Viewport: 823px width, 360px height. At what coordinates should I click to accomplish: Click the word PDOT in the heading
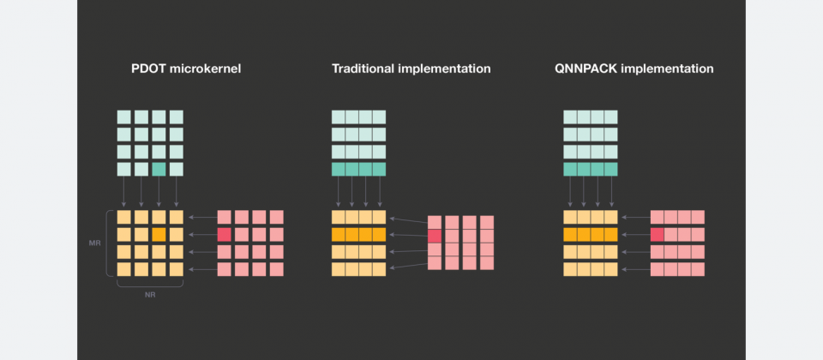[x=147, y=69]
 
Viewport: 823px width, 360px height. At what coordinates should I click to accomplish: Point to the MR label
[x=95, y=243]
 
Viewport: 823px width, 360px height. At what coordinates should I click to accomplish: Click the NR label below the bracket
[x=150, y=295]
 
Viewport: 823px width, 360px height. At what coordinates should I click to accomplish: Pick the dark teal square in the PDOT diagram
[x=159, y=169]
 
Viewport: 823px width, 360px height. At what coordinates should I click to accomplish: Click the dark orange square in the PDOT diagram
[x=159, y=235]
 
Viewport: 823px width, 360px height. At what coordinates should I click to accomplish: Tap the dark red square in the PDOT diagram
[x=224, y=235]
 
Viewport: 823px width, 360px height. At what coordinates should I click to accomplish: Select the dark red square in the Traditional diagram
[x=435, y=237]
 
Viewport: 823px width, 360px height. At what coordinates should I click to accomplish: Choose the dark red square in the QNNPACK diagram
[x=658, y=235]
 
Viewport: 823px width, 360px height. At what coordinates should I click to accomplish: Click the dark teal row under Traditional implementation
[x=358, y=169]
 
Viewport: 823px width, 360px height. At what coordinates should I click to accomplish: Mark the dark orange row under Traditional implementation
[x=358, y=235]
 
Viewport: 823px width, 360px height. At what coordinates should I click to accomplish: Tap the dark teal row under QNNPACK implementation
[x=591, y=169]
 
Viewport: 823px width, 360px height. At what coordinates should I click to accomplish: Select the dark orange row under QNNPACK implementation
[x=591, y=235]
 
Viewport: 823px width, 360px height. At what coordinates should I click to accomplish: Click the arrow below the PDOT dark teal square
[x=159, y=191]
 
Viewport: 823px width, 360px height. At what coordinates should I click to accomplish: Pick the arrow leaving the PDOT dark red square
[x=202, y=235]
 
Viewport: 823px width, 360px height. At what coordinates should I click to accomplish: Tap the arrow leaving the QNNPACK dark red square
[x=635, y=235]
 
